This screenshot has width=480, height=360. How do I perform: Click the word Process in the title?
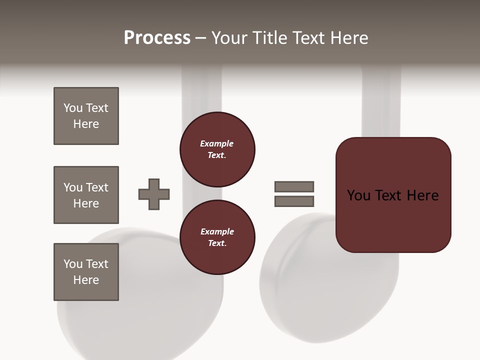[x=157, y=38]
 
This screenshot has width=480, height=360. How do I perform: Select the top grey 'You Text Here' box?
[x=86, y=116]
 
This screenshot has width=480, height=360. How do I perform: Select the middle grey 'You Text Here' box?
[x=86, y=195]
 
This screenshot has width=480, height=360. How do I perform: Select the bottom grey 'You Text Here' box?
[x=86, y=272]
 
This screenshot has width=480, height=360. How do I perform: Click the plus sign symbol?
[x=154, y=194]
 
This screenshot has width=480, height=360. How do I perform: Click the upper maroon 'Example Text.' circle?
[x=217, y=149]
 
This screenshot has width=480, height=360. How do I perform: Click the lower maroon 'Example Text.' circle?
[x=217, y=237]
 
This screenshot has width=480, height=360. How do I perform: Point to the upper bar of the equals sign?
[x=294, y=186]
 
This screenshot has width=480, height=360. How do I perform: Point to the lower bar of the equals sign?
[x=294, y=201]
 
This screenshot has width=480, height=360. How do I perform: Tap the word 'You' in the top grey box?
[x=73, y=108]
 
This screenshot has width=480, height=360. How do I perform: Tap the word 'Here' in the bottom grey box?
[x=86, y=280]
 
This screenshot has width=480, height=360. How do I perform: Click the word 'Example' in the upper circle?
[x=217, y=143]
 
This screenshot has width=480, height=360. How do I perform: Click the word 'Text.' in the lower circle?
[x=217, y=243]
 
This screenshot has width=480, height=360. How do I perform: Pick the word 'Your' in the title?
[x=230, y=38]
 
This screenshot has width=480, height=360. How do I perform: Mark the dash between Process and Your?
[x=200, y=38]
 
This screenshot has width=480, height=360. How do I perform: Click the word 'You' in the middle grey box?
[x=73, y=187]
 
